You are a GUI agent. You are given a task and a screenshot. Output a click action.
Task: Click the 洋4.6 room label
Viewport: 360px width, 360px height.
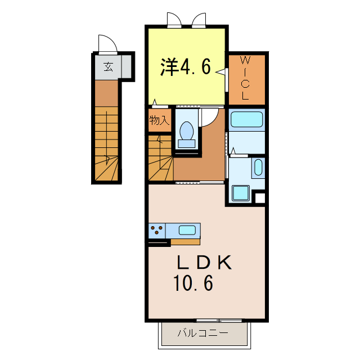[185, 66]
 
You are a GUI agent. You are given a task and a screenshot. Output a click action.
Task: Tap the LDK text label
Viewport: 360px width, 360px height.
[204, 263]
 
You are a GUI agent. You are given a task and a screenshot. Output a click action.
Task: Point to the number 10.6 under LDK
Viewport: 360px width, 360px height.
[193, 283]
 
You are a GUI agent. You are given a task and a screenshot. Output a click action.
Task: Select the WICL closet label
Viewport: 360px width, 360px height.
[245, 78]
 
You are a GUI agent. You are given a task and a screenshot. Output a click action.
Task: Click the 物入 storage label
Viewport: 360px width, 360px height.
[160, 120]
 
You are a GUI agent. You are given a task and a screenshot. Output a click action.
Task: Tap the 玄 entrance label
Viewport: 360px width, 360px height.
[108, 67]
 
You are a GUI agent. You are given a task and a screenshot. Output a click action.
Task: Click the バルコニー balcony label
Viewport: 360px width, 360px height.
[203, 332]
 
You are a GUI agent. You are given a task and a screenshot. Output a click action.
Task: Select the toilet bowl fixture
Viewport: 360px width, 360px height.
[186, 134]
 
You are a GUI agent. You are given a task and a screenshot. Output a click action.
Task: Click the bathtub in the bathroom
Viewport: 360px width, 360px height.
[246, 119]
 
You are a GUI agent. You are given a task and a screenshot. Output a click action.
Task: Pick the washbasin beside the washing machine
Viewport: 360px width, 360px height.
[258, 168]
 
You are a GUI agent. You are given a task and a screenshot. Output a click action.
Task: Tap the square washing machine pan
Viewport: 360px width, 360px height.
[240, 193]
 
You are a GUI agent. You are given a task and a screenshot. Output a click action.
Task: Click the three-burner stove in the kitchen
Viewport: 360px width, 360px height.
[157, 230]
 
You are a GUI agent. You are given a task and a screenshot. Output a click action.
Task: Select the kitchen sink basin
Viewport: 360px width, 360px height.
[187, 230]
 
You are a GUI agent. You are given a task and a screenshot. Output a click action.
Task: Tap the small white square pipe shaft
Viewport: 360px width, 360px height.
[260, 198]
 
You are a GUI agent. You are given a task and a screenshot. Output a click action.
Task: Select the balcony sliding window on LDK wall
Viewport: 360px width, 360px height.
[219, 320]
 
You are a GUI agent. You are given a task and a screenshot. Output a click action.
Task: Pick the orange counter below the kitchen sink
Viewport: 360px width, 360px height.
[185, 242]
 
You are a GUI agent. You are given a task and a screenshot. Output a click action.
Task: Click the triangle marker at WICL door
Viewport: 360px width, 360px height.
[220, 72]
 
